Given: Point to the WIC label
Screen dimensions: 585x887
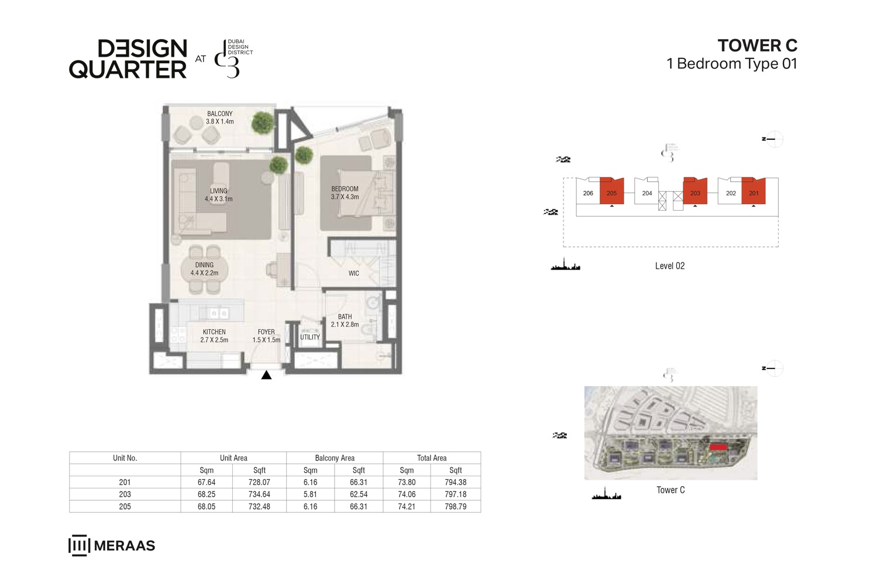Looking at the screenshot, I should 353,273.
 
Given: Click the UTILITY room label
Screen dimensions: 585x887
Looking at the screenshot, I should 310,337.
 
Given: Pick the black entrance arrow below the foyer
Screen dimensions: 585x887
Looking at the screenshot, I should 266,375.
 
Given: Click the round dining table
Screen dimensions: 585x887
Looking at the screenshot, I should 205,270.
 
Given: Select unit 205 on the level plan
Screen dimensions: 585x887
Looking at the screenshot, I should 612,192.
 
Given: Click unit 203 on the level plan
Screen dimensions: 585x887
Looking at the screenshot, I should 695,192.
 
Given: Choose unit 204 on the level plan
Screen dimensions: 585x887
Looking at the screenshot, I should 647,192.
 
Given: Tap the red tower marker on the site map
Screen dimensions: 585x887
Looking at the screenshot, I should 718,448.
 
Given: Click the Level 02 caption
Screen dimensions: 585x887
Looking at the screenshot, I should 669,266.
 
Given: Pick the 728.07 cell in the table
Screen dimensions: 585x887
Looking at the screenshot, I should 259,483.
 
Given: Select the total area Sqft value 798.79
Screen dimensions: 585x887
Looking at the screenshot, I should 455,507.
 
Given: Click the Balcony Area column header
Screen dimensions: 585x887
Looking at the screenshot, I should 335,458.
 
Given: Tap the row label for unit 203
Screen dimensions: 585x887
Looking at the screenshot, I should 125,494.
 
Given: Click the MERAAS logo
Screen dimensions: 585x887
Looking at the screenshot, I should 112,545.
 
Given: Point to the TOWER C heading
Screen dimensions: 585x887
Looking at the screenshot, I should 757,46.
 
